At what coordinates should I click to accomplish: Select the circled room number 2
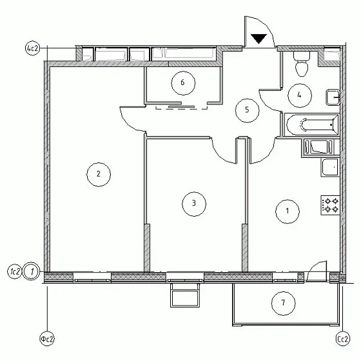[x=98, y=173]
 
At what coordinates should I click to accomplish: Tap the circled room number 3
[x=193, y=204]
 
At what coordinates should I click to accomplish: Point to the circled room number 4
[x=299, y=93]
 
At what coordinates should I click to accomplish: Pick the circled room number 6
[x=183, y=83]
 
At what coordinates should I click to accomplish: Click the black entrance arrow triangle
[x=259, y=39]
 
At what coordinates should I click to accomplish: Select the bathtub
[x=311, y=124]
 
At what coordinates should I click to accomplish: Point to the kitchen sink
[x=329, y=167]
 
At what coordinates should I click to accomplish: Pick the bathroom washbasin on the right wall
[x=333, y=97]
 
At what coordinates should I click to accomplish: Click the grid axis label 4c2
[x=32, y=48]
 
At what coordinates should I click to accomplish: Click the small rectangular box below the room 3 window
[x=186, y=297]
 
